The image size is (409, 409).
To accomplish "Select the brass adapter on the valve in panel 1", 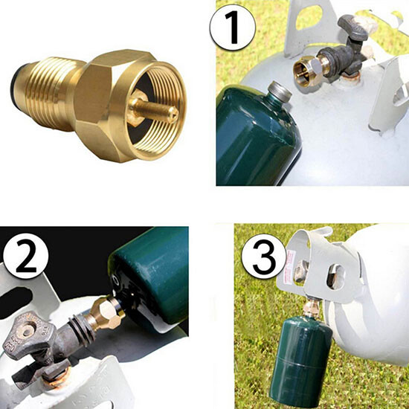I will (307, 71).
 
